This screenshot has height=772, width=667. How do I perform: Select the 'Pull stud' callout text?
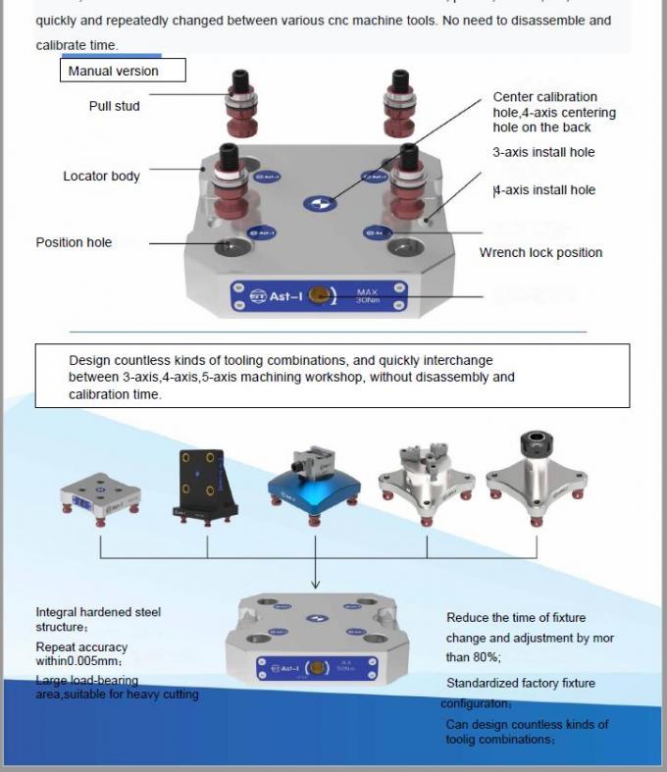click(114, 106)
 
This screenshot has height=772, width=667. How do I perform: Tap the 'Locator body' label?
click(101, 177)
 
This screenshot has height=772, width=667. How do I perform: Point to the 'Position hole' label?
click(74, 242)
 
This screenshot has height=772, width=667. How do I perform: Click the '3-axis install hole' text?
click(543, 152)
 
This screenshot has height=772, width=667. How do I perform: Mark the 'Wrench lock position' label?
click(540, 253)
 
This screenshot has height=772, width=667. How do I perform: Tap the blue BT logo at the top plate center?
click(318, 204)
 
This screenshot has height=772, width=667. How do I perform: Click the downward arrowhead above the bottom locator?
click(314, 585)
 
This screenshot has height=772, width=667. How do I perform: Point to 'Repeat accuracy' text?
click(81, 647)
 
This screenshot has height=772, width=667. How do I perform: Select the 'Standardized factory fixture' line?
click(520, 683)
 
